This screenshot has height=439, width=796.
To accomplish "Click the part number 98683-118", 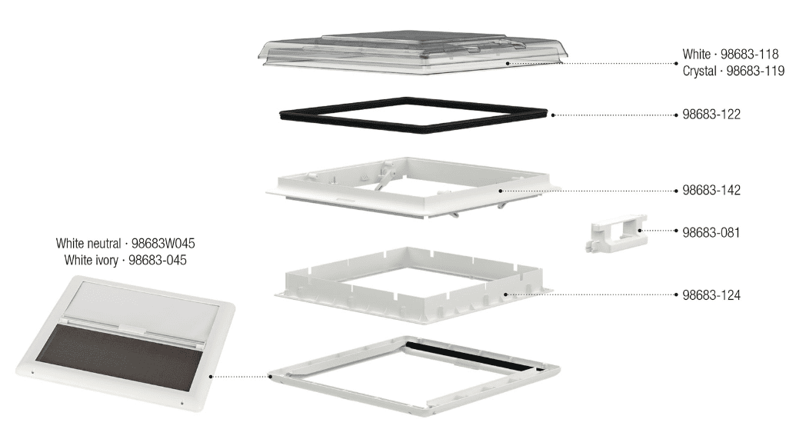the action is coord(750,54).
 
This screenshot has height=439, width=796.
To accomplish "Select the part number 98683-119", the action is coord(755,71).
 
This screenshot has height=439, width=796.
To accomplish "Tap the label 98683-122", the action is coord(711,115).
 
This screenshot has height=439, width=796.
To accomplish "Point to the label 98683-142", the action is coord(711,191).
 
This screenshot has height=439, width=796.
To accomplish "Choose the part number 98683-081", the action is coord(711,232).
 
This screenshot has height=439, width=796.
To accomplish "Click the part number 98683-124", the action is coord(711,295).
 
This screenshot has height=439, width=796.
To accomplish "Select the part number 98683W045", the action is coord(163,244).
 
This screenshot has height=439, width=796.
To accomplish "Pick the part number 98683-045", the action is coord(158,261).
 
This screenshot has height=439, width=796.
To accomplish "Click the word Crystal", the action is coord(700,71).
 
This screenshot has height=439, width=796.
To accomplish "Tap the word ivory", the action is coord(107,261).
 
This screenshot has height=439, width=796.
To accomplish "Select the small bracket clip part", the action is coord(616,233).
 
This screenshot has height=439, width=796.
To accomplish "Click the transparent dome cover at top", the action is coord(414,52).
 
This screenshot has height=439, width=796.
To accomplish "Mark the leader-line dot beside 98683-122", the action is coord(553,115).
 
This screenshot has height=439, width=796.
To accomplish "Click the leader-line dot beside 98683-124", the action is coord(506,294).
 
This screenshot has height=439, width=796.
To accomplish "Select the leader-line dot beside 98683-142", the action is coord(501,191).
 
